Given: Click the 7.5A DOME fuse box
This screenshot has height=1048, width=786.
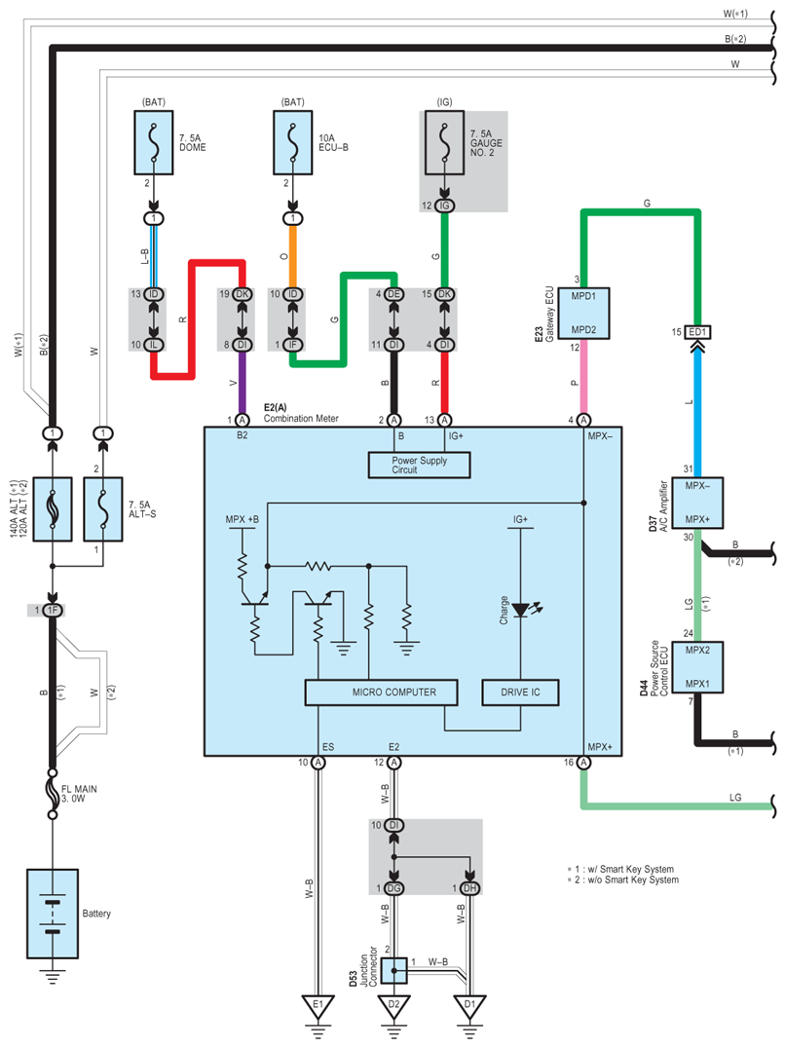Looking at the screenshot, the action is (x=154, y=142).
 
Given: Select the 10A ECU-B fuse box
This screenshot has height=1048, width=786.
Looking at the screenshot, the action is (x=293, y=142).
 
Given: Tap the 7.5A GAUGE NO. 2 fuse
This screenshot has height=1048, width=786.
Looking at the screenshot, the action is (x=444, y=142).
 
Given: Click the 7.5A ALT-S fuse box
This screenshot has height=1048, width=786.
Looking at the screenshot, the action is (x=103, y=509).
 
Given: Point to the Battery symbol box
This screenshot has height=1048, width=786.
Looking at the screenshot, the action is (x=53, y=914).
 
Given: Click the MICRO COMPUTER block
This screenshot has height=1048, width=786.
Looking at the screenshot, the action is (x=381, y=692).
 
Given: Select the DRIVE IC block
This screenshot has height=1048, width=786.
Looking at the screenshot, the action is (x=520, y=692).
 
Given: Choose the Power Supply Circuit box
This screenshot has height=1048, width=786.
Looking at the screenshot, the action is (x=419, y=466).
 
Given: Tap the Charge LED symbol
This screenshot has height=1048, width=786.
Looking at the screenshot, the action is (x=521, y=610).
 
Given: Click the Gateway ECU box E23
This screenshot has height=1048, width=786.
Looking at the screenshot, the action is (x=583, y=314).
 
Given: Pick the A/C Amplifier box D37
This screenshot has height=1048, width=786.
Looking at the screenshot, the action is (x=697, y=503).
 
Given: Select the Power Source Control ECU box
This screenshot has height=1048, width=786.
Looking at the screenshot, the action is (x=697, y=667).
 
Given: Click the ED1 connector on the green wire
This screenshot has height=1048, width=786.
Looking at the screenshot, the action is (x=697, y=332).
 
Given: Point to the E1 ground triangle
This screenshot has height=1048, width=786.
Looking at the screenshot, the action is (x=318, y=1006).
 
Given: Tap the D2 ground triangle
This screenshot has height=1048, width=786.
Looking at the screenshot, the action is (x=393, y=1006).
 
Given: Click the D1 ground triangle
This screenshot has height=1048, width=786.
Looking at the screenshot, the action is (x=469, y=1006).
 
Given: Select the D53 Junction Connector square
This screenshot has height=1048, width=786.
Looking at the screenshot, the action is (x=394, y=970).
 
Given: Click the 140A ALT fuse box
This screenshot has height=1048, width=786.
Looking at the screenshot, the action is (x=53, y=509).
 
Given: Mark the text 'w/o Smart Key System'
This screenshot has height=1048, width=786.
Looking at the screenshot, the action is (x=633, y=880).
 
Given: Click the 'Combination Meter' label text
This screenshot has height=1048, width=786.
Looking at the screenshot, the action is (x=301, y=419).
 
